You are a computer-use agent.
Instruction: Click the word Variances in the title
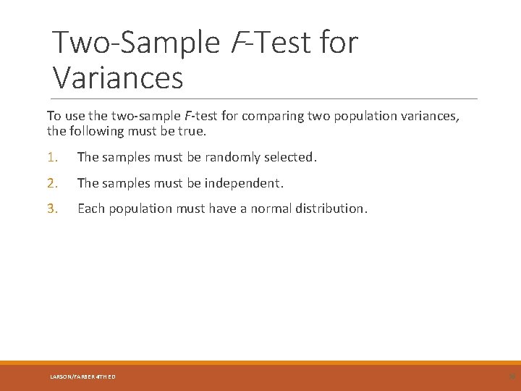coord(118,77)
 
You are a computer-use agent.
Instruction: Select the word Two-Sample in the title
coord(136,43)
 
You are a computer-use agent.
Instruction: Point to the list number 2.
coord(51,183)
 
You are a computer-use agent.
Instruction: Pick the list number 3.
coord(51,209)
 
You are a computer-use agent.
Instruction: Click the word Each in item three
coord(90,209)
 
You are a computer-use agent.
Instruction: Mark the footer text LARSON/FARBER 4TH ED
coord(82,377)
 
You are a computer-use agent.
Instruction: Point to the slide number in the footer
coord(512,377)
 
